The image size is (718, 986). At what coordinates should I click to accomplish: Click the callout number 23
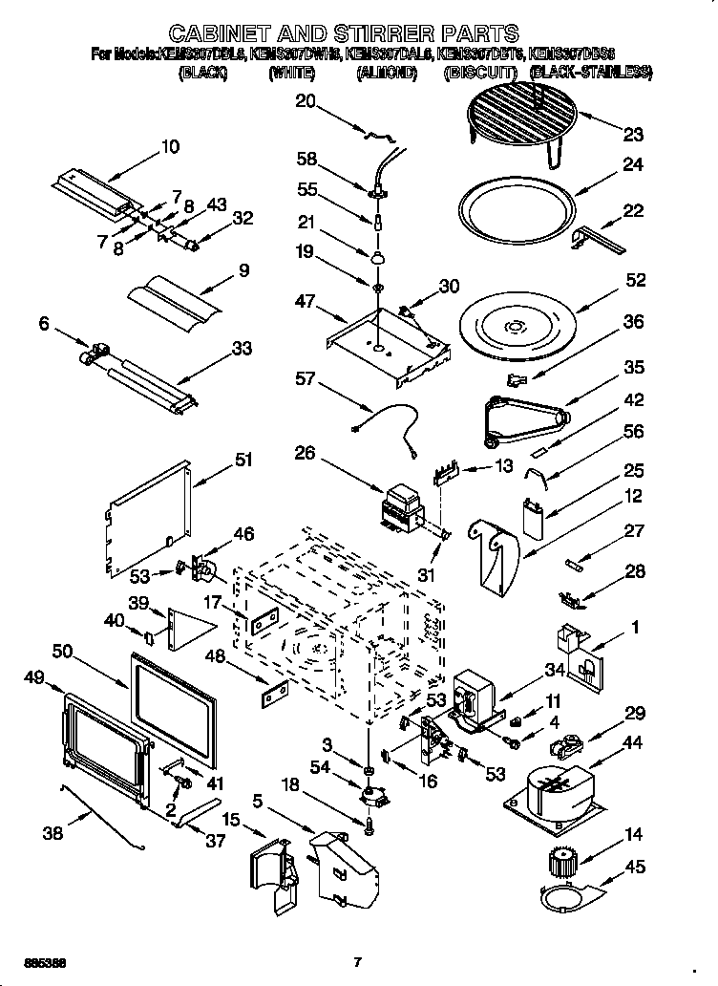(x=633, y=134)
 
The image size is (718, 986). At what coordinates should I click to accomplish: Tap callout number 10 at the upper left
(x=169, y=147)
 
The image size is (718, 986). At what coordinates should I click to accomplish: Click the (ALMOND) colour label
(x=387, y=74)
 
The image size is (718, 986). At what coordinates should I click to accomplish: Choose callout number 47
(x=305, y=301)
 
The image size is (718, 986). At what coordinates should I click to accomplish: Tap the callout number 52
(x=635, y=280)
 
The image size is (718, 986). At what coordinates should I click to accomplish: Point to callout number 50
(x=63, y=650)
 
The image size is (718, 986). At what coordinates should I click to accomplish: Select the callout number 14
(x=634, y=833)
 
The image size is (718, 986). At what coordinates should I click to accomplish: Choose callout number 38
(x=53, y=832)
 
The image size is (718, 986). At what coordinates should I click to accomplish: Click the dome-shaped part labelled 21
(x=378, y=257)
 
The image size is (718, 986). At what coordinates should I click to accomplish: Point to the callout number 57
(x=305, y=379)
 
